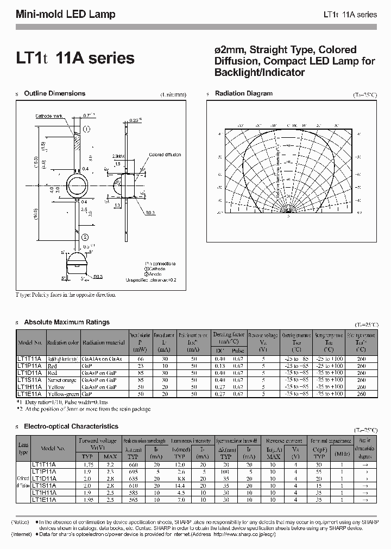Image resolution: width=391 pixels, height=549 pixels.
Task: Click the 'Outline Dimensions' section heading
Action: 55,94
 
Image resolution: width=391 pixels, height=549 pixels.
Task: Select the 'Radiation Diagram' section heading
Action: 243,94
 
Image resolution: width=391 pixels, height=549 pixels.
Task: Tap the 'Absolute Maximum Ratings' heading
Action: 67,322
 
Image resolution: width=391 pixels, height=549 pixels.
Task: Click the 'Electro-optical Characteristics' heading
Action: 71,427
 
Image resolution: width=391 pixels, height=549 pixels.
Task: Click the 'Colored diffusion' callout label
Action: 165,155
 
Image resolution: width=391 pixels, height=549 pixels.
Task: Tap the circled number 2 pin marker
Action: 85,237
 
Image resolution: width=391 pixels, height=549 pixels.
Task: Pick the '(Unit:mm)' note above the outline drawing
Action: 173,94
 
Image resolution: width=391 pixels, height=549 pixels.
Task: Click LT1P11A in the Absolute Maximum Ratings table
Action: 30,366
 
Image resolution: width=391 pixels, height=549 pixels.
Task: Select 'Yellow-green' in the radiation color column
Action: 63,393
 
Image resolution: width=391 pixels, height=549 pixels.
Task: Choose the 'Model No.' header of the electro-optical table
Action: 53,449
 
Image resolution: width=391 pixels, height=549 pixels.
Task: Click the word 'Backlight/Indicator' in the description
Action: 260,73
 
